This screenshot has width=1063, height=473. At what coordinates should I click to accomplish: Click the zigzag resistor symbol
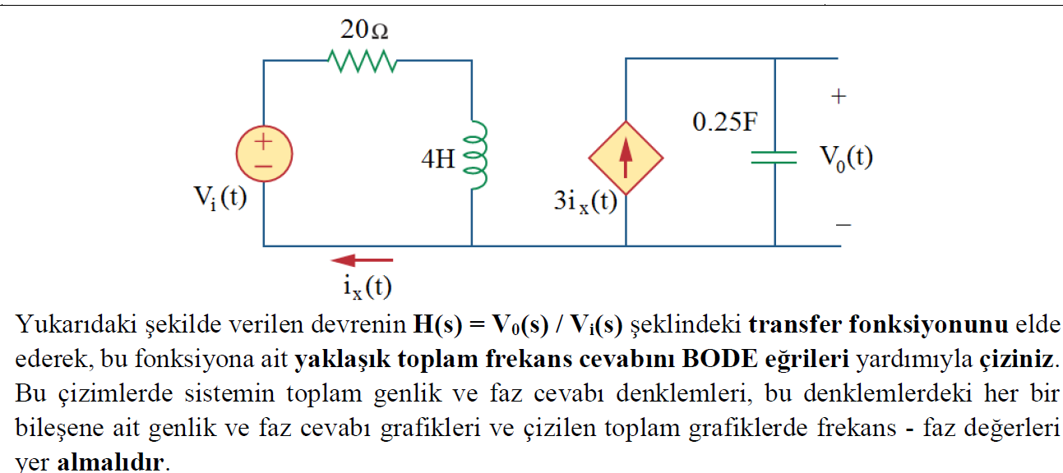(363, 61)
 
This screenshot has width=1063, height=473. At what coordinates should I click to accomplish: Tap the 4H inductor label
(437, 158)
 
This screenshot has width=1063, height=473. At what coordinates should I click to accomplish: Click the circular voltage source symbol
(263, 154)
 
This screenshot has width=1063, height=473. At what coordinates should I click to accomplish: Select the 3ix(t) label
(585, 202)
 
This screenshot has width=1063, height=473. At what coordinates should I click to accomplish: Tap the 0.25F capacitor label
(724, 123)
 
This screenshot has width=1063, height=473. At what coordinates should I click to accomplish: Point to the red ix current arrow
(362, 260)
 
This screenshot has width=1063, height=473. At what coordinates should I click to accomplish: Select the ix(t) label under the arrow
(367, 286)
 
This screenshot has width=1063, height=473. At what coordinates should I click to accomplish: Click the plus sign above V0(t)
(838, 97)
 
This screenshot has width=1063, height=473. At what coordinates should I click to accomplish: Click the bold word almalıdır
(110, 462)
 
